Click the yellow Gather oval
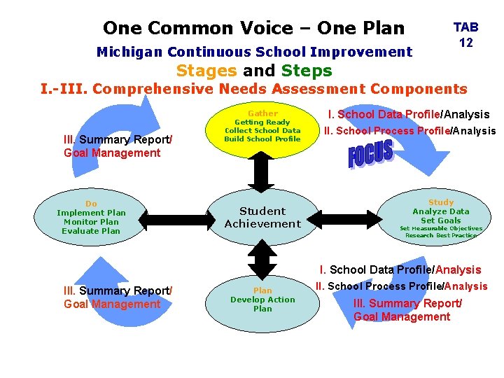tap(262, 130)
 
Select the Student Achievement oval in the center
tap(262, 218)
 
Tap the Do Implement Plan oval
tap(91, 218)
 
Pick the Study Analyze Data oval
tap(441, 217)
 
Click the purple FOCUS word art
tap(371, 155)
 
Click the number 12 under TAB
tap(465, 43)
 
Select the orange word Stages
tap(206, 71)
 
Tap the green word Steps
tap(307, 71)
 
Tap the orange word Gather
tap(262, 113)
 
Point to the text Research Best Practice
tap(441, 235)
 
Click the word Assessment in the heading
tap(317, 89)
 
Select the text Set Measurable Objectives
tap(441, 228)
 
